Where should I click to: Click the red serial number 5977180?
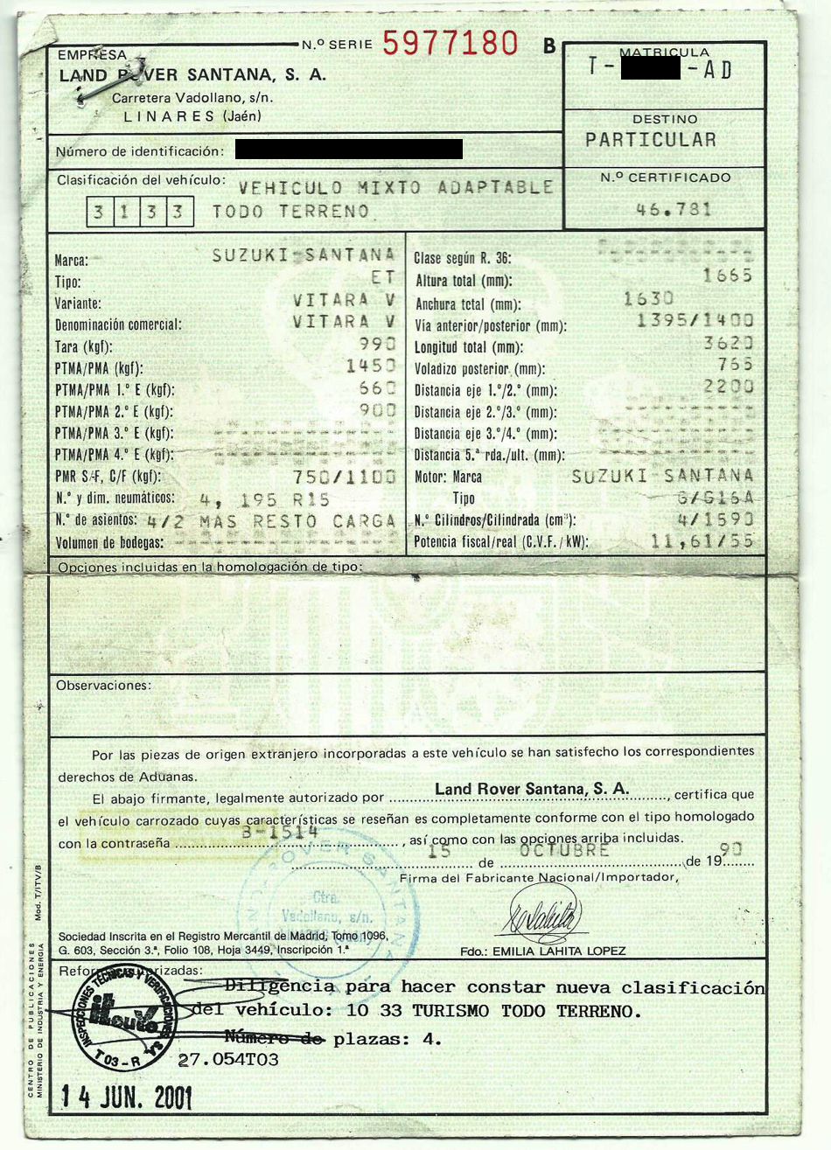click(450, 43)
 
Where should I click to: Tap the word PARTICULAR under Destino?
click(650, 140)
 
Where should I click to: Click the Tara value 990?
click(378, 345)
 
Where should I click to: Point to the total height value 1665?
click(727, 276)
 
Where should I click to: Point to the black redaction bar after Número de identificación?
click(348, 150)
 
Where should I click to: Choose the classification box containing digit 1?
click(124, 213)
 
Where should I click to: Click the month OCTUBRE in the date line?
click(564, 849)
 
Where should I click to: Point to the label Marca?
click(71, 261)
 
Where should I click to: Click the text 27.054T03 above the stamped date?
click(228, 1060)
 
